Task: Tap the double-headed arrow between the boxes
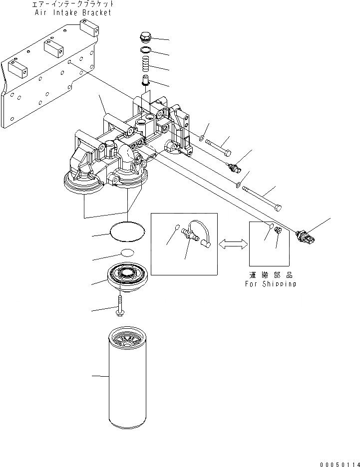tap(233, 243)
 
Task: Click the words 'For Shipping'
tap(270, 284)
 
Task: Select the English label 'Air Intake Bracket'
tap(72, 12)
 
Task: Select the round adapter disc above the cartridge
tap(128, 276)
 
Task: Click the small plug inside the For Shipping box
tap(279, 230)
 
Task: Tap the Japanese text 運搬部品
tap(270, 275)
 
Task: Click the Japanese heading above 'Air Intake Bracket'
tap(73, 4)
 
